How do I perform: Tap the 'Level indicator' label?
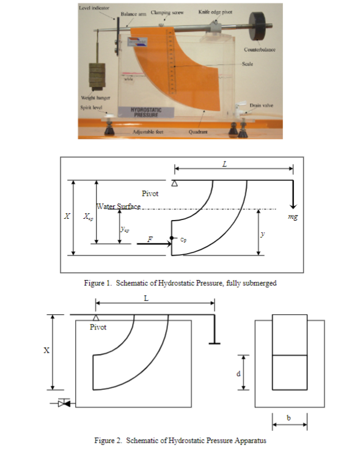tap(92, 9)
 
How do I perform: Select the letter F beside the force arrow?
tap(150, 240)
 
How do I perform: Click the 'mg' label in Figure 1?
tap(292, 216)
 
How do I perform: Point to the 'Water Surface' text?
tap(117, 207)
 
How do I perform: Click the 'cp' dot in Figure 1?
tap(172, 237)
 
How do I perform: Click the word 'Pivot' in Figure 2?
tap(98, 328)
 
